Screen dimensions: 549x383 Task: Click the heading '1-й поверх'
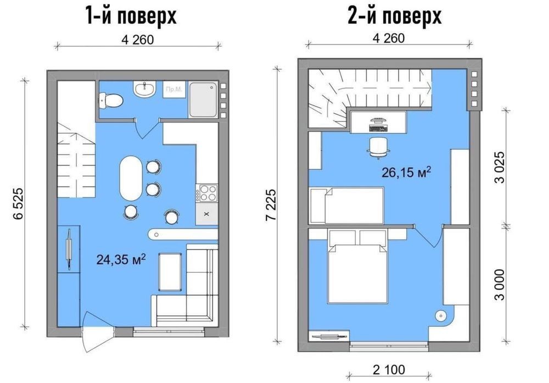pos(131,16)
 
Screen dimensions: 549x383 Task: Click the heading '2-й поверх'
pos(395,15)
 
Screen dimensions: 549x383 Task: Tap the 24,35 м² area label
pos(121,259)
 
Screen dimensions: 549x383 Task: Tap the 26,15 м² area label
pos(406,172)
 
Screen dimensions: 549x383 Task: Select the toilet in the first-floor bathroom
pos(111,101)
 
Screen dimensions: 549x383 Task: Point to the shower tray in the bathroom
pos(203,100)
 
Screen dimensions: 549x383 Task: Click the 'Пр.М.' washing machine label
pos(174,89)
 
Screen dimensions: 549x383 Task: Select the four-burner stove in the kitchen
pos(206,193)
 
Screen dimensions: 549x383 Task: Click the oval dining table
pos(131,179)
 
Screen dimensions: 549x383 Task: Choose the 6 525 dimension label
pos(18,204)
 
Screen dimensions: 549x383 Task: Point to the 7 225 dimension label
pos(271,205)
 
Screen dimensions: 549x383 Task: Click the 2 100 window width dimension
pos(389,369)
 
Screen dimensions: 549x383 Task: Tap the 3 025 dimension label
pos(501,167)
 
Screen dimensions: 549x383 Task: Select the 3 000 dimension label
pos(501,285)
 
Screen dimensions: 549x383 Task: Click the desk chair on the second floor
pos(378,147)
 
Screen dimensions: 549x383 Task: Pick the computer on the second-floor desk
pos(378,124)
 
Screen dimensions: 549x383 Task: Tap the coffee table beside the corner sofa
pos(170,272)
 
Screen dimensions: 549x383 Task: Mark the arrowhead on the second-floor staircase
pos(429,87)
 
